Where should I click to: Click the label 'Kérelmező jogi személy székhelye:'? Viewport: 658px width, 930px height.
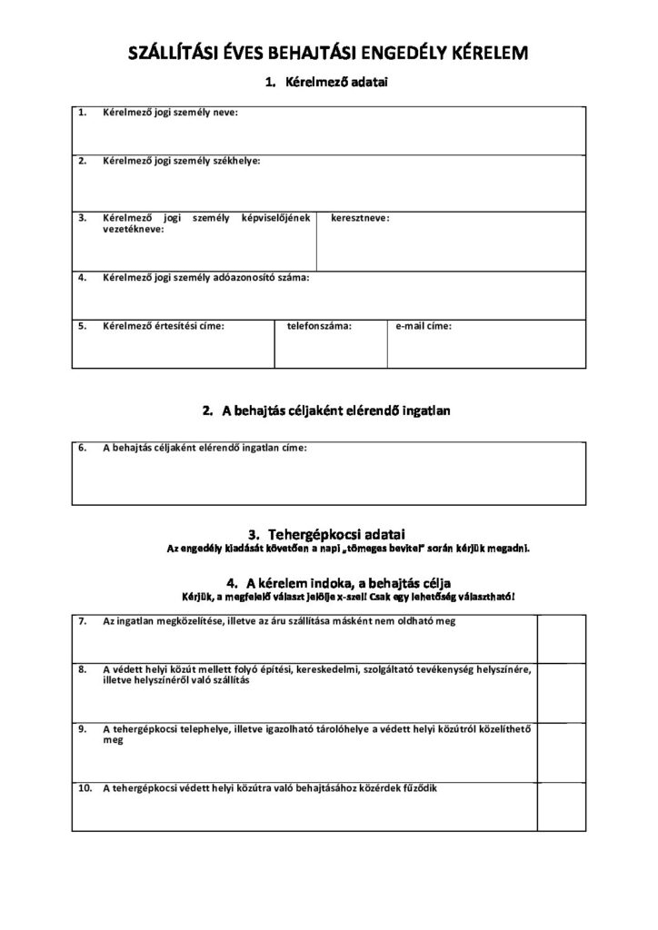(x=181, y=161)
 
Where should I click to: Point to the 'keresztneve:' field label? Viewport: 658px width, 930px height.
(x=361, y=218)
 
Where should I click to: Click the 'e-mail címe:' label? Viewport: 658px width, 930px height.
(x=424, y=324)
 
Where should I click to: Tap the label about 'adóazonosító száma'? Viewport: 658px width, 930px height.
(x=206, y=277)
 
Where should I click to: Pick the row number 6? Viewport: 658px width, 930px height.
(x=83, y=448)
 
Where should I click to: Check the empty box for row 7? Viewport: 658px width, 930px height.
(x=561, y=638)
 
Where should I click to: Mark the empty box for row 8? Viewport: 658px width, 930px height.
(x=561, y=691)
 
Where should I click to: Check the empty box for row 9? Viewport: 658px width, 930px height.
(x=561, y=751)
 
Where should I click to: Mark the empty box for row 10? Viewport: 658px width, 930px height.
(x=561, y=806)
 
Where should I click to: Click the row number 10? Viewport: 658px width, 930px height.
(x=85, y=787)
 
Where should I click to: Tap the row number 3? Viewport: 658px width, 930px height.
(x=83, y=218)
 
